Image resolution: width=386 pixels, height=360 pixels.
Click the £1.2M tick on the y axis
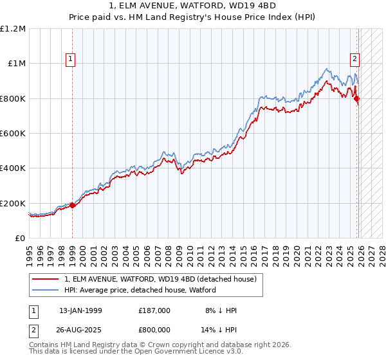pyautogui.click(x=14, y=28)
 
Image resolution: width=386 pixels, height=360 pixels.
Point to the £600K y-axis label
pyautogui.click(x=14, y=133)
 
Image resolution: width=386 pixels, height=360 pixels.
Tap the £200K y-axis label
pyautogui.click(x=14, y=203)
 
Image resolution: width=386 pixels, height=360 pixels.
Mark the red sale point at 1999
pyautogui.click(x=72, y=206)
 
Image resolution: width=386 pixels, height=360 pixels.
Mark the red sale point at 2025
pyautogui.click(x=357, y=99)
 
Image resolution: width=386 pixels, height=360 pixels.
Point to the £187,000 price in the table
pyautogui.click(x=154, y=310)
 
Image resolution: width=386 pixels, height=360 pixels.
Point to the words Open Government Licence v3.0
pyautogui.click(x=188, y=353)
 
